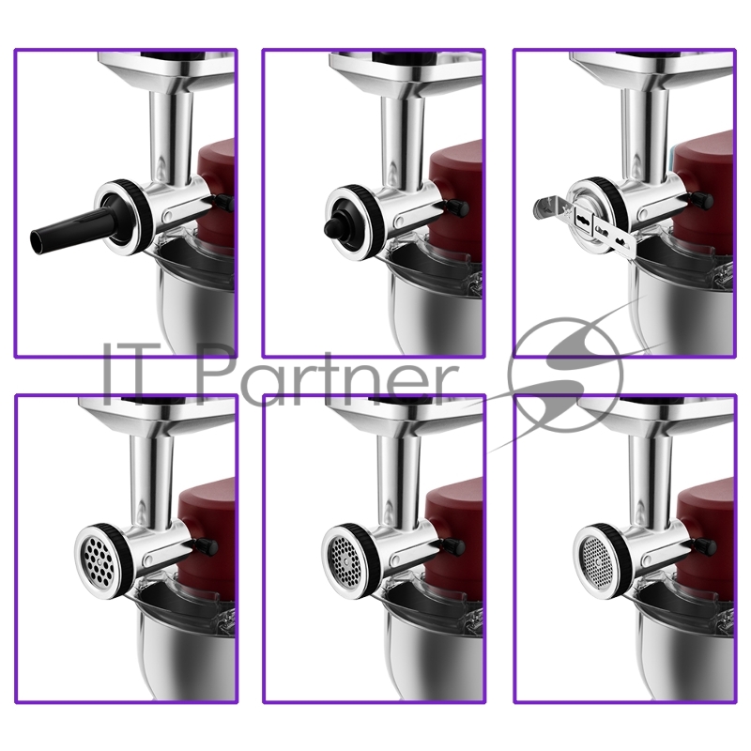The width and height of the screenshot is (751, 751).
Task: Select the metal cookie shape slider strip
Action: pyautogui.click(x=585, y=222)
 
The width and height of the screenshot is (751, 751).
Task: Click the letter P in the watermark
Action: pyautogui.click(x=217, y=369)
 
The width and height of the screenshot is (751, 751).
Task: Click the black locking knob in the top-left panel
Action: pyautogui.click(x=225, y=202)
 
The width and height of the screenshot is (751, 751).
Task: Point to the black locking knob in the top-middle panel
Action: pyautogui.click(x=457, y=207)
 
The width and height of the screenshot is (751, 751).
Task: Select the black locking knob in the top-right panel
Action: pyautogui.click(x=702, y=201)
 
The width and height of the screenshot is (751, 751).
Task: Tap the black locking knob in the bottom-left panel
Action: pyautogui.click(x=207, y=546)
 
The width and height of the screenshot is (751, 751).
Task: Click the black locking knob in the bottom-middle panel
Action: pyautogui.click(x=455, y=546)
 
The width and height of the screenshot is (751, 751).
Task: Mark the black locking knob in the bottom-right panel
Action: pyautogui.click(x=706, y=545)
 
